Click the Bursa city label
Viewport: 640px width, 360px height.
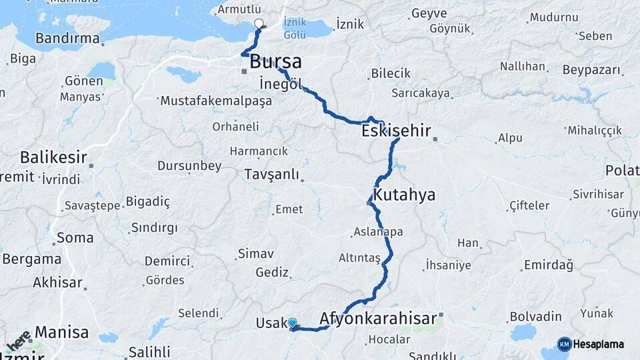[275, 63]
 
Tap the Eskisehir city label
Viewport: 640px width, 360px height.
[396, 131]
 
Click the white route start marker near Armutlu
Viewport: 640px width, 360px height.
[259, 25]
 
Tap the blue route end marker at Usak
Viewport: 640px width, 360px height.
[292, 323]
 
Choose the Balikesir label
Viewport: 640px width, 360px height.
[53, 158]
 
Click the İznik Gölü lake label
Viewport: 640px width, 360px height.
[295, 28]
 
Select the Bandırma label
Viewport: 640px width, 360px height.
[67, 38]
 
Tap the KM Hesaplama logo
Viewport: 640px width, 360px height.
[591, 344]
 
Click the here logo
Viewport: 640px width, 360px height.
[18, 341]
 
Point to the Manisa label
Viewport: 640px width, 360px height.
[61, 332]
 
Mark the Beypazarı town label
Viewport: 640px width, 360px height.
[591, 70]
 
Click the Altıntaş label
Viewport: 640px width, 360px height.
[359, 258]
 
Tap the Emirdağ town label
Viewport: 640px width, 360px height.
[548, 265]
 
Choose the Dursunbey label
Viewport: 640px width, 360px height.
[189, 165]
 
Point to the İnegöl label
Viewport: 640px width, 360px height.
[281, 84]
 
